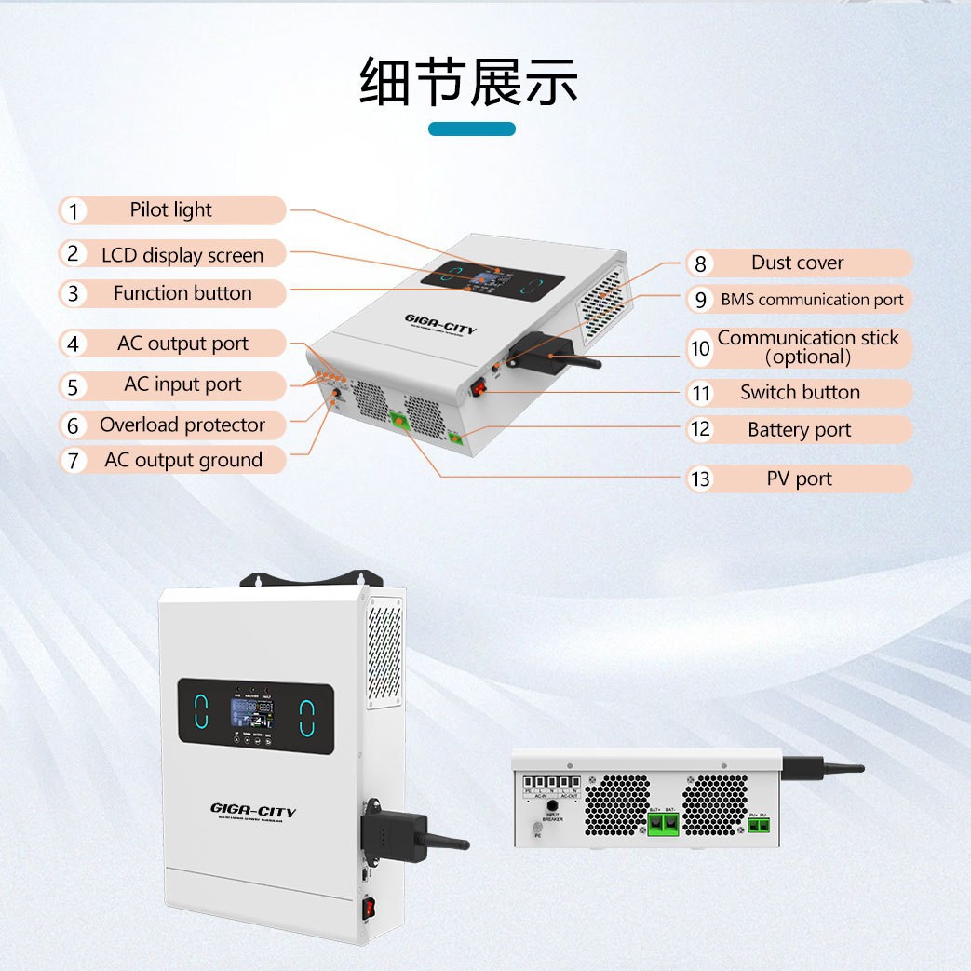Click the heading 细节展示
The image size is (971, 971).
click(x=469, y=82)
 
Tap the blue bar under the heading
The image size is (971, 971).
click(x=472, y=129)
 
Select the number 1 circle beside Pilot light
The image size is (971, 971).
click(x=74, y=211)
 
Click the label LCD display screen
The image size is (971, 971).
click(x=182, y=255)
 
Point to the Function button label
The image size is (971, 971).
click(x=182, y=293)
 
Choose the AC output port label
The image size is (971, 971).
click(x=182, y=344)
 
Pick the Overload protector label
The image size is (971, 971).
click(x=182, y=425)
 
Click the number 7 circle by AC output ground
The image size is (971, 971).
click(x=74, y=461)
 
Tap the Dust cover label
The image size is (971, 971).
click(x=798, y=263)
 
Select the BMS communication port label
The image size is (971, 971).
click(x=812, y=300)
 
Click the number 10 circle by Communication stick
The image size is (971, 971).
click(x=700, y=348)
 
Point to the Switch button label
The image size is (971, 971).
click(x=800, y=392)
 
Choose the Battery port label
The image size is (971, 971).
click(x=800, y=430)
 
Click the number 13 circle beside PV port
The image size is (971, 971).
click(x=700, y=479)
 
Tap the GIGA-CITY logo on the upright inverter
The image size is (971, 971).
click(x=253, y=812)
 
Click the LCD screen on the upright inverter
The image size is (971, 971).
click(x=253, y=717)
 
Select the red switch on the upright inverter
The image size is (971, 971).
click(x=371, y=907)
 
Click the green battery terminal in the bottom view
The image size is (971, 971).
click(x=663, y=823)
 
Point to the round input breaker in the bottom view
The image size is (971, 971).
click(x=552, y=804)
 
